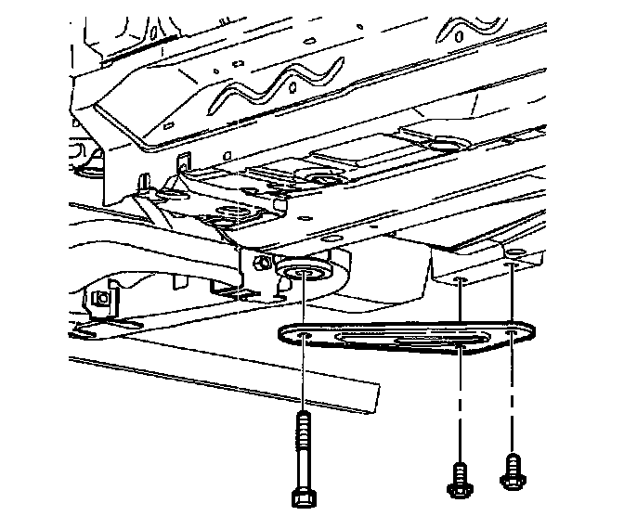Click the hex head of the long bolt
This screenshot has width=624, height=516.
point(302,494)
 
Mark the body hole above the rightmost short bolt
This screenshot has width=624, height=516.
point(511,264)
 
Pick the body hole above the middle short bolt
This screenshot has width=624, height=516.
point(461,278)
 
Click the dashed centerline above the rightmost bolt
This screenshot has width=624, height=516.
point(511,408)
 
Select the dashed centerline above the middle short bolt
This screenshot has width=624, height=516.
point(459,408)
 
